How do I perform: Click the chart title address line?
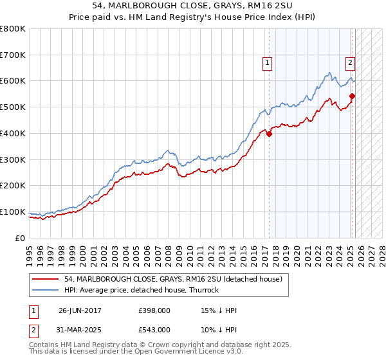click(x=193, y=6)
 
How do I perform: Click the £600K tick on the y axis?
click(x=13, y=81)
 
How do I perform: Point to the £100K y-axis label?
click(x=13, y=212)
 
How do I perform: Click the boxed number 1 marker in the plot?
click(x=266, y=62)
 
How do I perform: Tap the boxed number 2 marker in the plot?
click(x=350, y=62)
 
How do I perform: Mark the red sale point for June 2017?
click(x=269, y=134)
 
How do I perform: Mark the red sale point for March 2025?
click(x=352, y=96)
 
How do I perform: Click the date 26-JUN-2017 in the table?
click(x=80, y=310)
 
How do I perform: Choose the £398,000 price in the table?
click(x=154, y=310)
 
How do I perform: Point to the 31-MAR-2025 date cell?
click(x=80, y=329)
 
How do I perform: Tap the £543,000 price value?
click(x=154, y=329)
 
